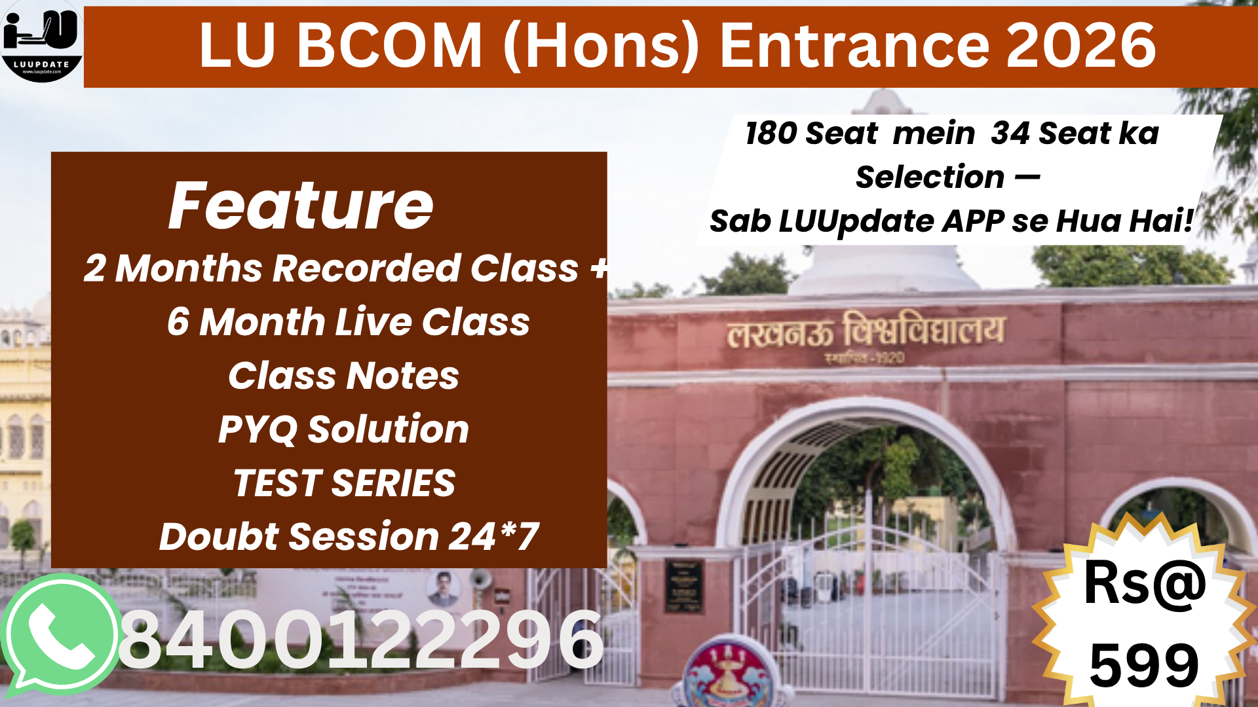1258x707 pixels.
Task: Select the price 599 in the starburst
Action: [x=1144, y=665]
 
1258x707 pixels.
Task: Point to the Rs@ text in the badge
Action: [x=1144, y=583]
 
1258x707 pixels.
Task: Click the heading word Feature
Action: [x=301, y=206]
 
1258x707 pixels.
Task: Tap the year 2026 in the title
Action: [x=1081, y=45]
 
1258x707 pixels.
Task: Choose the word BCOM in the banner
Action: [x=390, y=45]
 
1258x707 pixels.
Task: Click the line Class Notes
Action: [x=343, y=376]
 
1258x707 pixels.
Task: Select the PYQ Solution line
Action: [x=343, y=429]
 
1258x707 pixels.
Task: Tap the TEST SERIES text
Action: [x=344, y=483]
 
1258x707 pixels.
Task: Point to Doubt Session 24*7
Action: [x=349, y=537]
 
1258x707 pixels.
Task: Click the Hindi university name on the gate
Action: [x=865, y=331]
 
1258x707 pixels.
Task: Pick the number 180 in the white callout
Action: [x=771, y=134]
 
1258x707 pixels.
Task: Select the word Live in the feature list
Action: [x=373, y=322]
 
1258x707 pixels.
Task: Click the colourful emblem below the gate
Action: [x=727, y=674]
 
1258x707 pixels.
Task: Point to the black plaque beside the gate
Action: [x=684, y=586]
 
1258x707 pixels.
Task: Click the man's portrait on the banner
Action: [x=444, y=589]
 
